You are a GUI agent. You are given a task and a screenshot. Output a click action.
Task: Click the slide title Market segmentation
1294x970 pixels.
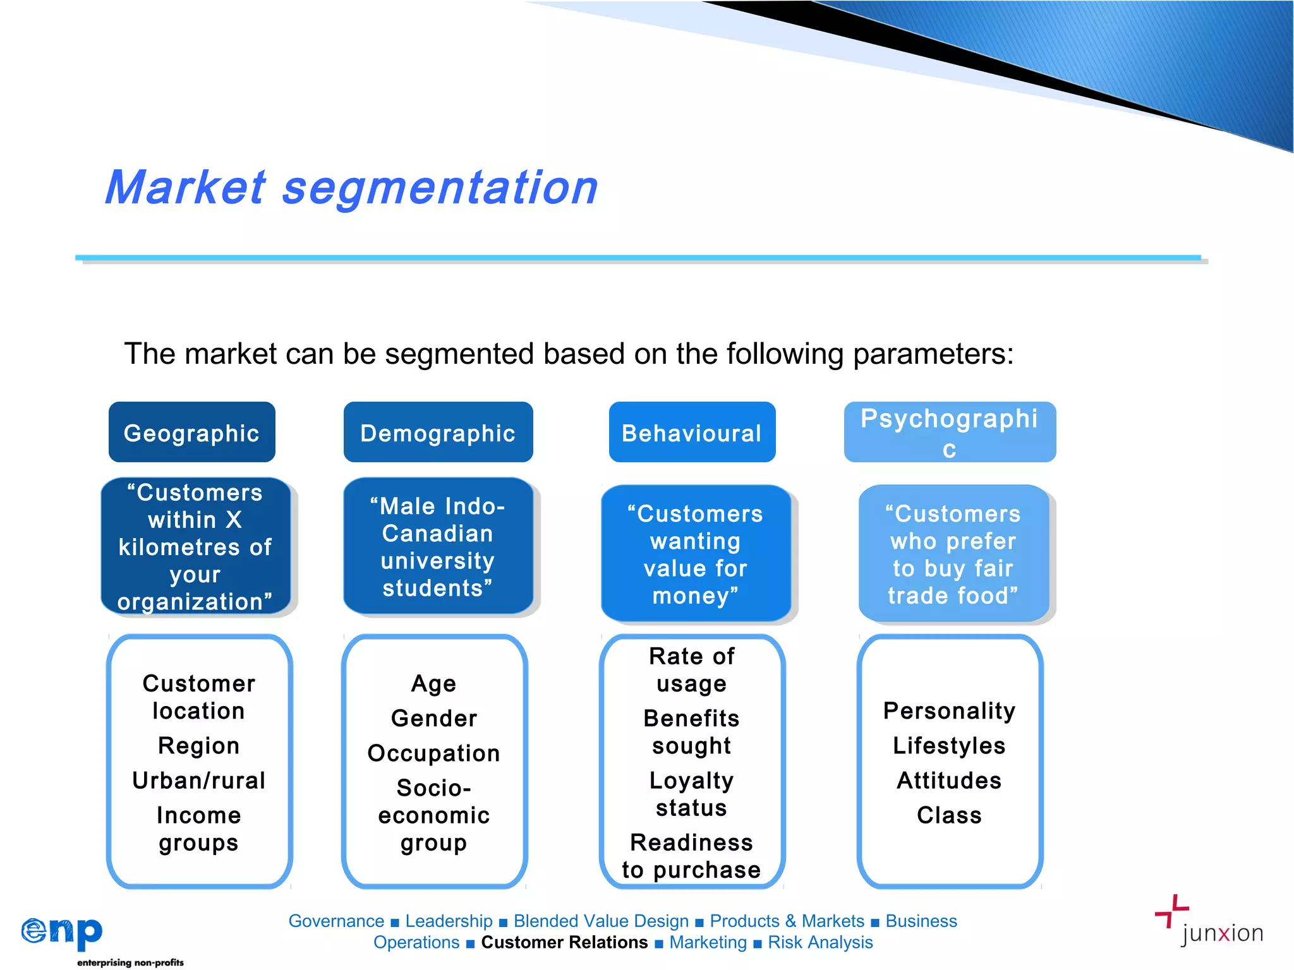[351, 188]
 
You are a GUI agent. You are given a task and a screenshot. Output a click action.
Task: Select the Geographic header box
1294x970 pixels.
[191, 433]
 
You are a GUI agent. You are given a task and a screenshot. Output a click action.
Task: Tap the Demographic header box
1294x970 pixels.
[438, 433]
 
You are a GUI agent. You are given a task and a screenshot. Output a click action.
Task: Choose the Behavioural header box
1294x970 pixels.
[692, 433]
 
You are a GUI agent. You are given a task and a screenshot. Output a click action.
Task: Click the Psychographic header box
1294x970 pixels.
[949, 432]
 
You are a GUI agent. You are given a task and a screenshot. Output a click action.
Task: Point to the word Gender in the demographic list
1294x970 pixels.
[434, 718]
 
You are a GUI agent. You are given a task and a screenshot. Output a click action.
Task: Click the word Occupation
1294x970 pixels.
[434, 753]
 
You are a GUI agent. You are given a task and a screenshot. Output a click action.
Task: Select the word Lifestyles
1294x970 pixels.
[949, 745]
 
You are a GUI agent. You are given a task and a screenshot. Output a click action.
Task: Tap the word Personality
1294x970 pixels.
[949, 710]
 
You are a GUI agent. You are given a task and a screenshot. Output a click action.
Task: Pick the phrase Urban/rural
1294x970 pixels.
[198, 781]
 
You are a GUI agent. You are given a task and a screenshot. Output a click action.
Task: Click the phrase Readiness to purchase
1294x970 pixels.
[691, 856]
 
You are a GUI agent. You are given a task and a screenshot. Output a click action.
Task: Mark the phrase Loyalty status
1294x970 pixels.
[691, 794]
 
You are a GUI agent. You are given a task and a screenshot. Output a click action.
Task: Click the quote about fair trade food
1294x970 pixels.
[953, 554]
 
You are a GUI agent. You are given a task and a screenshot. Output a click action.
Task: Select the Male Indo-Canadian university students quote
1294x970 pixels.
[437, 546]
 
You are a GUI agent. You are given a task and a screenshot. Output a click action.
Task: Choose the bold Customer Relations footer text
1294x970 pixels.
[564, 942]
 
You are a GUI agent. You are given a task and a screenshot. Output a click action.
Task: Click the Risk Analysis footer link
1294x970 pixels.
[820, 942]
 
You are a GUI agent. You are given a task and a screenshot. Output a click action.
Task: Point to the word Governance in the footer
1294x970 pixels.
[336, 921]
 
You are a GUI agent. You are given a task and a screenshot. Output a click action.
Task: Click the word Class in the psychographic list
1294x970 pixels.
[949, 815]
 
